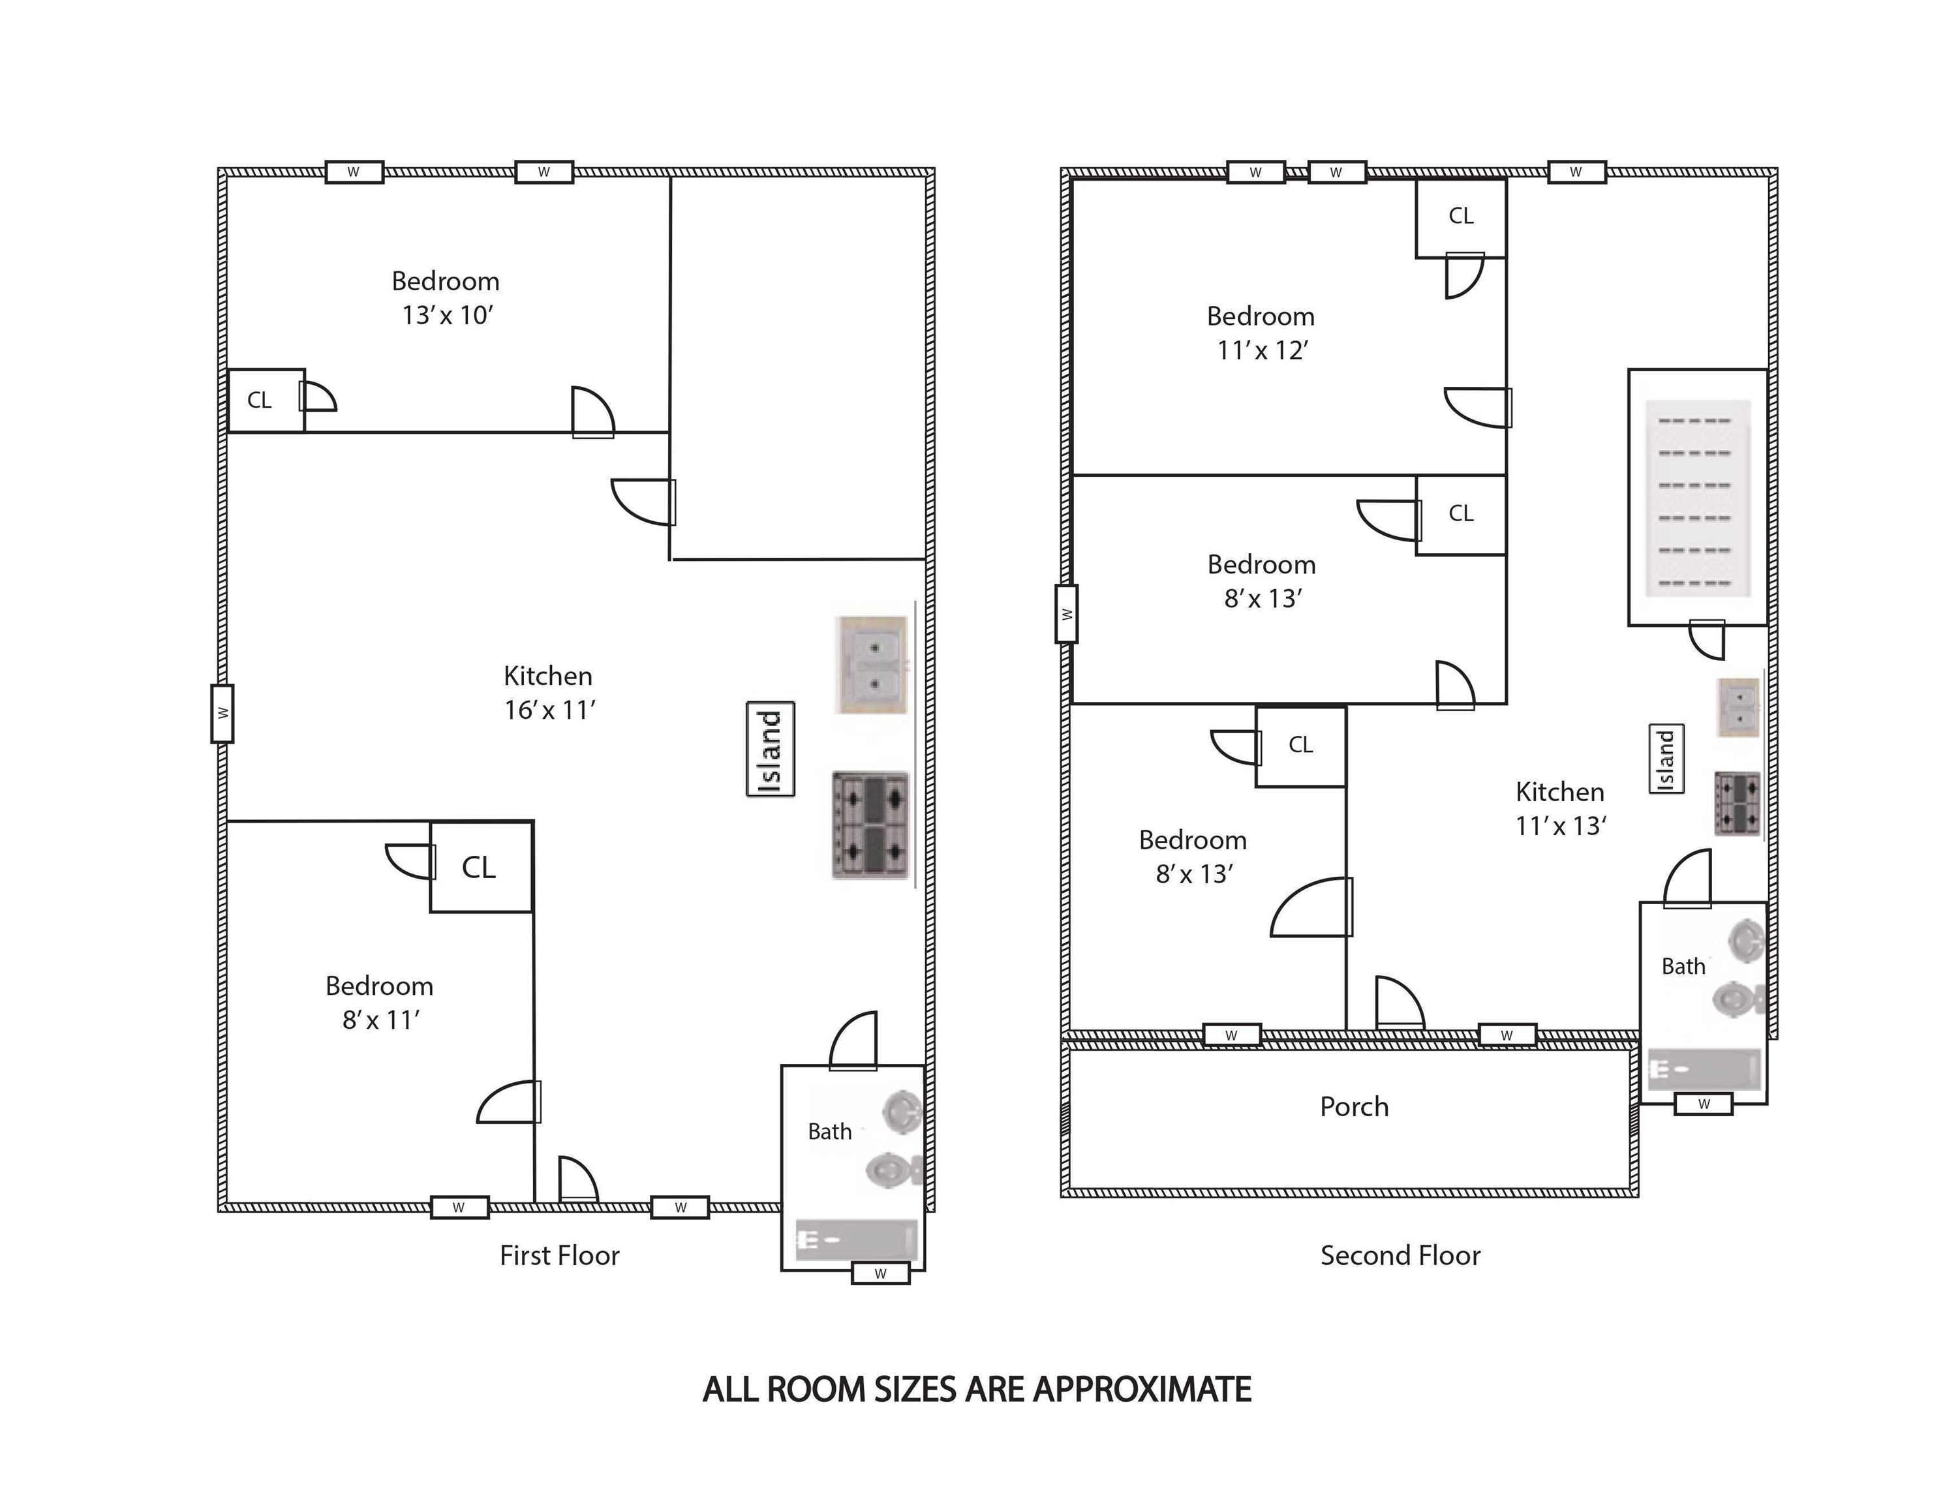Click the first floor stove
(x=871, y=825)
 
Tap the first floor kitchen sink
(x=873, y=665)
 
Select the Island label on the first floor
(x=771, y=749)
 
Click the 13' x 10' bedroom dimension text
(x=447, y=315)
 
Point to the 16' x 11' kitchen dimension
(x=549, y=710)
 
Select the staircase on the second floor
(x=1698, y=498)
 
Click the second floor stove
(x=1738, y=803)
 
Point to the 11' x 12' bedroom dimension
(x=1262, y=351)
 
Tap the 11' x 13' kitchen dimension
(x=1560, y=825)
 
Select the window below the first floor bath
(x=881, y=1273)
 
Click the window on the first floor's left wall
(x=222, y=713)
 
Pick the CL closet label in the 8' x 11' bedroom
(x=479, y=867)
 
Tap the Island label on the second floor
(x=1667, y=759)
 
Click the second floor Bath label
(x=1683, y=966)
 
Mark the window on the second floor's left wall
(x=1067, y=613)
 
